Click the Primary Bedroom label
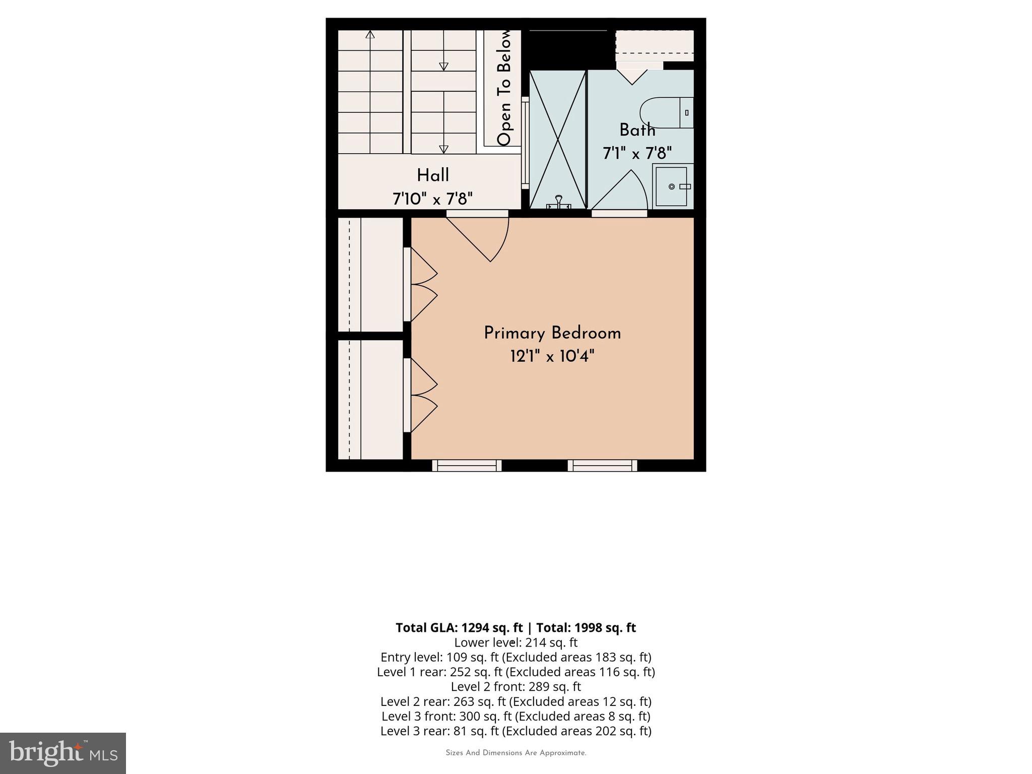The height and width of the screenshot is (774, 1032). coord(552,334)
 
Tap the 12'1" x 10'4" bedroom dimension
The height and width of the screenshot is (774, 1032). coord(552,357)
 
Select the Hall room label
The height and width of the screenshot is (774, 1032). coord(432,175)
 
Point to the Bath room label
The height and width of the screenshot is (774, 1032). coord(637,130)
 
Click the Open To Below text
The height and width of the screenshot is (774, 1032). coord(504,88)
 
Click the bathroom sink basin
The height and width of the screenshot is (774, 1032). coord(672,186)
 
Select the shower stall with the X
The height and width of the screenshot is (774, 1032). coord(557,139)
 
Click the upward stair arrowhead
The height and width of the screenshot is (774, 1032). coord(370,34)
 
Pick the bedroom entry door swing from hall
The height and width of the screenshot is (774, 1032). coord(484,237)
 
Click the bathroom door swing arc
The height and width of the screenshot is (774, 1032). coord(625,191)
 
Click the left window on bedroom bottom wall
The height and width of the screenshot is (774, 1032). coord(467,466)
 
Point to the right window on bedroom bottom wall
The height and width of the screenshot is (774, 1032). coord(602,466)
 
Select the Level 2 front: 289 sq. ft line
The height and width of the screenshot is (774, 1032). coord(515,686)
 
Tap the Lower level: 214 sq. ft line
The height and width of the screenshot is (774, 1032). coord(515,642)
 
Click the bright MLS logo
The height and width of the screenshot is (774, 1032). coord(62,753)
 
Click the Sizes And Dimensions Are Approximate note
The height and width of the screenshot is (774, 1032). coord(515,753)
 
